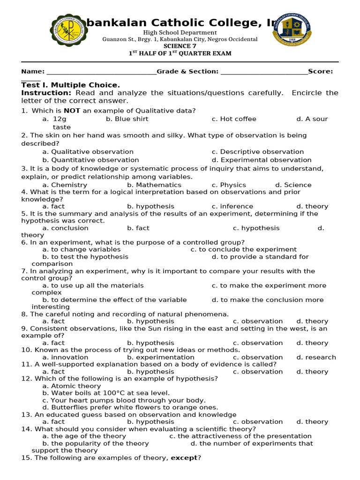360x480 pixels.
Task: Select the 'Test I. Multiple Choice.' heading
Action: coord(70,85)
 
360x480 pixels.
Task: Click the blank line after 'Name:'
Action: coord(101,72)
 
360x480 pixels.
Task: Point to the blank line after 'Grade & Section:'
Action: coord(264,72)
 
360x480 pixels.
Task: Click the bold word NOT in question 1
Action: coord(72,111)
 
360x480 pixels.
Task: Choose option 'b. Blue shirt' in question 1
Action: coord(127,119)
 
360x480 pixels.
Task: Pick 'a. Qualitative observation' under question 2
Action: coord(88,152)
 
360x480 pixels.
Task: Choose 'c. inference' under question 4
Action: coord(232,206)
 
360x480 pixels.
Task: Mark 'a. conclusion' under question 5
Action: coord(65,228)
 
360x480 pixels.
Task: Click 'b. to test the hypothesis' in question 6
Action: coord(85,257)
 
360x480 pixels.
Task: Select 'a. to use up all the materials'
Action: coord(93,285)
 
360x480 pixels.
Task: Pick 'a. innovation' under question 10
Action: coord(65,357)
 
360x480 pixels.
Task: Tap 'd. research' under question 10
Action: coord(316,357)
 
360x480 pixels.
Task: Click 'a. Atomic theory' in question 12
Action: coord(71,386)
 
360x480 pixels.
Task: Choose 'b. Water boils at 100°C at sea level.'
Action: coord(106,393)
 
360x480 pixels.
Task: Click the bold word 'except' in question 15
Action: coord(184,457)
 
